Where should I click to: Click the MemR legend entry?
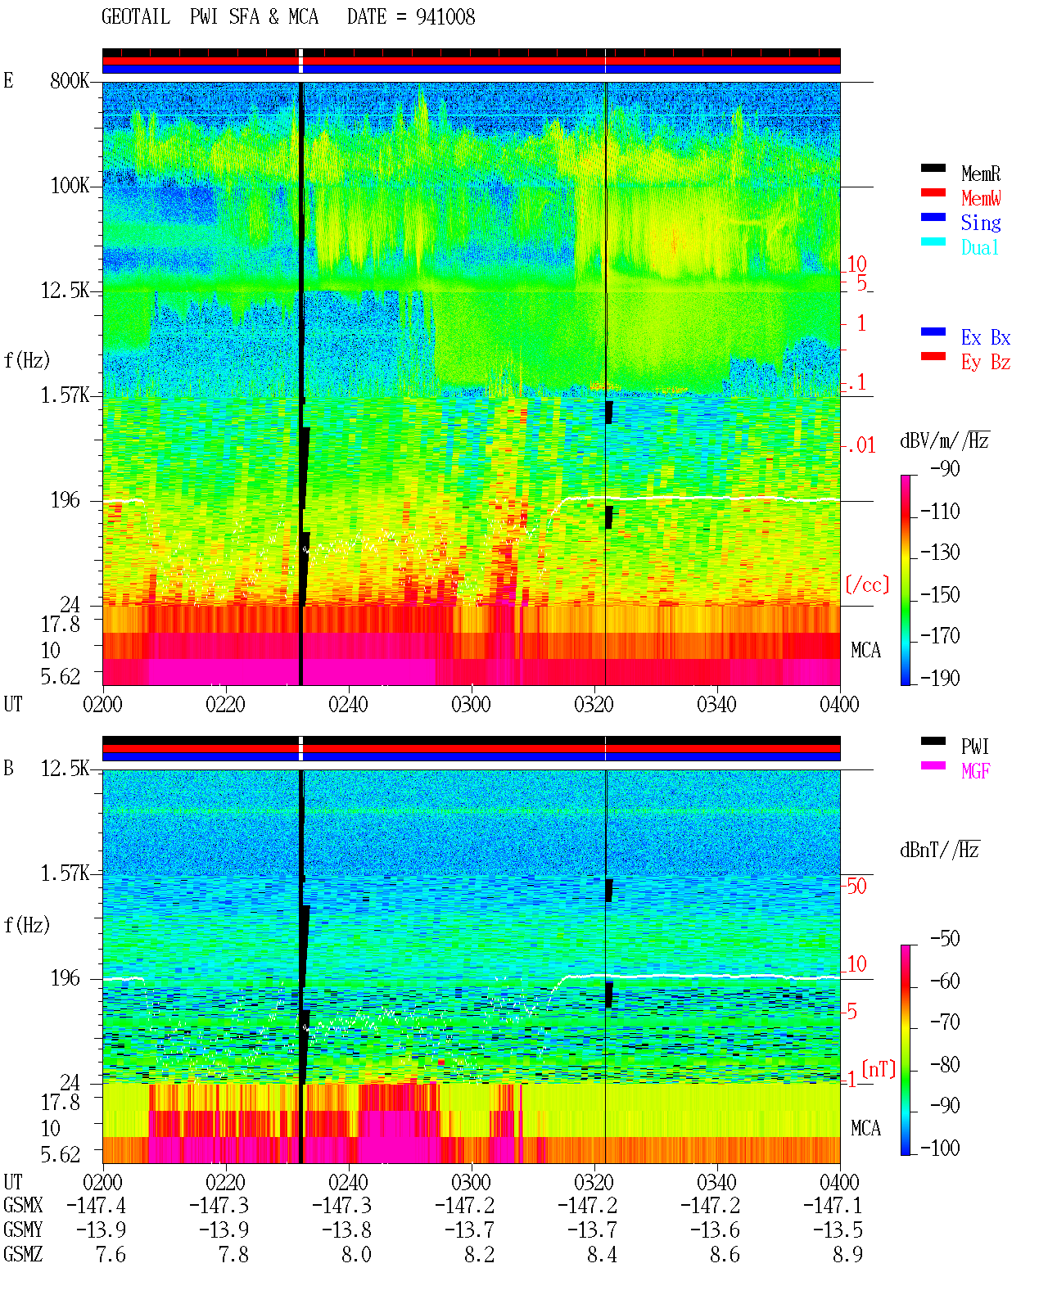click(x=980, y=174)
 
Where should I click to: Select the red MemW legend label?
click(x=981, y=198)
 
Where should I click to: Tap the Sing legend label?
click(x=980, y=223)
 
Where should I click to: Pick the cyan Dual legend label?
click(x=979, y=247)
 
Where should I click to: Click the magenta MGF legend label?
click(x=975, y=771)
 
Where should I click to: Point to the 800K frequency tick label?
click(x=69, y=80)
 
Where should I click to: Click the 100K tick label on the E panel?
click(x=69, y=186)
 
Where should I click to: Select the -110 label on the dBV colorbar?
click(x=940, y=512)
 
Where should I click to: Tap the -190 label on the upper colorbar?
click(x=940, y=678)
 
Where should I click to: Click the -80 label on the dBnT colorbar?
click(x=945, y=1064)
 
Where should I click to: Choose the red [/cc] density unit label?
click(x=867, y=584)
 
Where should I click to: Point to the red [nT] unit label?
click(x=879, y=1069)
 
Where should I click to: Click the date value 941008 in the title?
click(x=445, y=17)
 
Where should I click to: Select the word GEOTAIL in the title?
click(x=136, y=17)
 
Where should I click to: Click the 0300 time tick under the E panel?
click(x=471, y=705)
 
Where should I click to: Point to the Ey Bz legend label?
click(x=986, y=363)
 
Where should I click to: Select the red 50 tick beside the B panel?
click(x=856, y=887)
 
